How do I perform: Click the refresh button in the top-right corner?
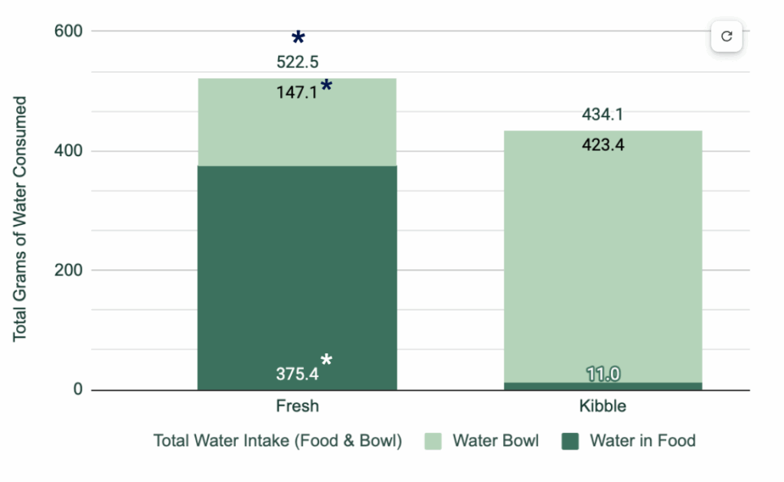727,36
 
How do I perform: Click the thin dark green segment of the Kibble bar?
603,386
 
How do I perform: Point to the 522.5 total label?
297,62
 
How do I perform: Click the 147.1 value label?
296,93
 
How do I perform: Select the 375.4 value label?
296,374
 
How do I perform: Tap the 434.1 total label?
603,115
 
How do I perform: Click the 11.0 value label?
603,374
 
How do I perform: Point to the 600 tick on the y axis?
68,31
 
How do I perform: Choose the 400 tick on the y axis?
68,151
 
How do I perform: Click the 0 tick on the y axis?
77,390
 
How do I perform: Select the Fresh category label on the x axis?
297,406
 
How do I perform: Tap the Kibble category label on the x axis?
603,406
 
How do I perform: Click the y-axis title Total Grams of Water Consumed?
21,218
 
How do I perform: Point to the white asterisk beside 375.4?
327,360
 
